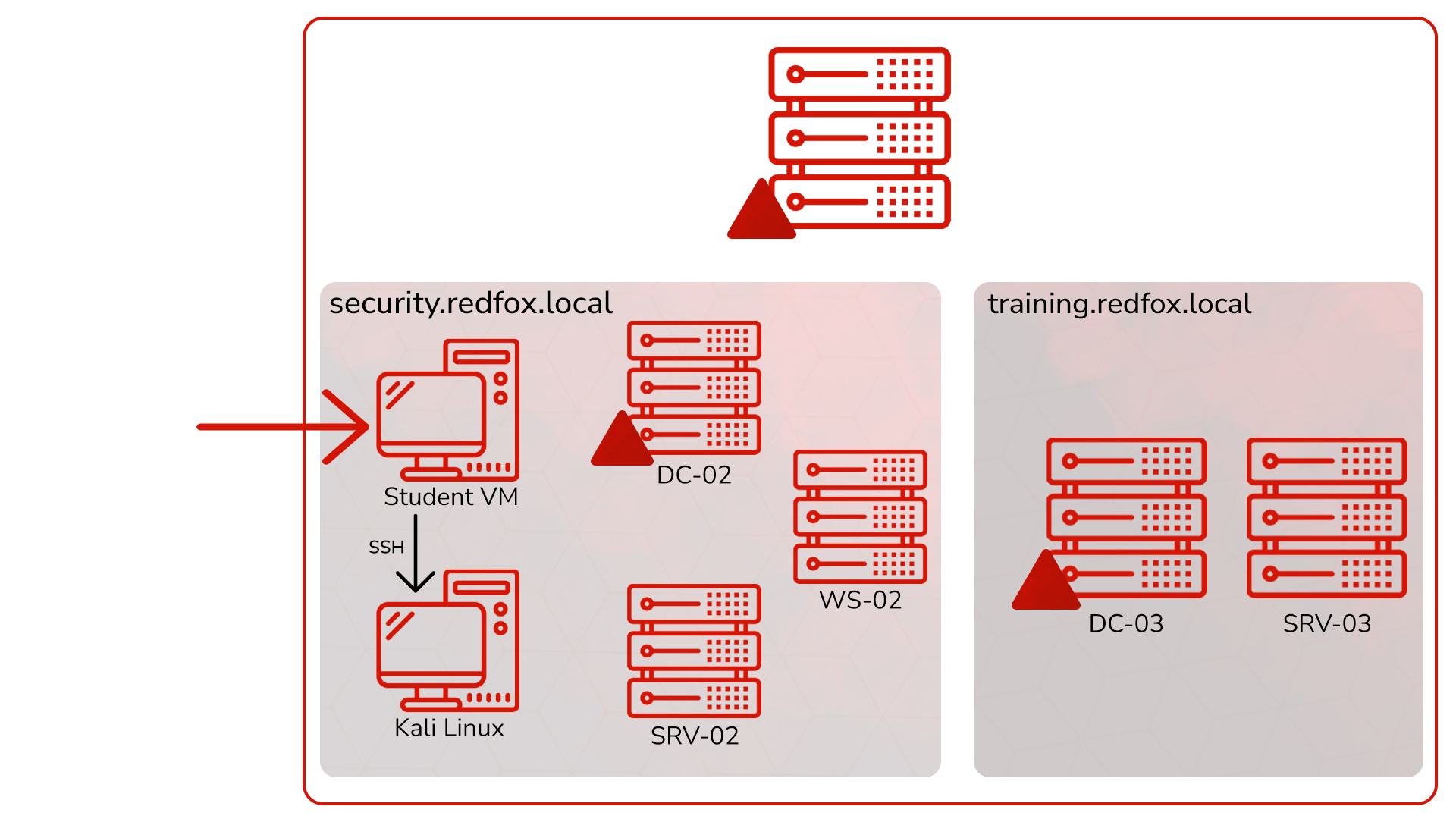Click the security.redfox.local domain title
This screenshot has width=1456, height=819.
(470, 303)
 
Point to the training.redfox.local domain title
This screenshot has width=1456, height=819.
(1119, 303)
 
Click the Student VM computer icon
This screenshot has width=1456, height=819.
(447, 409)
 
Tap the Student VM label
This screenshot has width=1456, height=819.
(450, 497)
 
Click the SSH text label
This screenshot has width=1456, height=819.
(386, 547)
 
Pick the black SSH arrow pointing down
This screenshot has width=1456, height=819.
(416, 554)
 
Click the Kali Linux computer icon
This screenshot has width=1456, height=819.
(447, 641)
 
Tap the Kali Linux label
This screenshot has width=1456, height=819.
(449, 728)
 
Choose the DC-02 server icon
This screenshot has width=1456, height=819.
(694, 387)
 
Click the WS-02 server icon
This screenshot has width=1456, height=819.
(860, 516)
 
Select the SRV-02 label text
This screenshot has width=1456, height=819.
(694, 736)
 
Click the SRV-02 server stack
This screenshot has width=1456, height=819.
(694, 651)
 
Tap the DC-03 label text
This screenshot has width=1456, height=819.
(1125, 623)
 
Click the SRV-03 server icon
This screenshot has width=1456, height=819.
(1326, 517)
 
